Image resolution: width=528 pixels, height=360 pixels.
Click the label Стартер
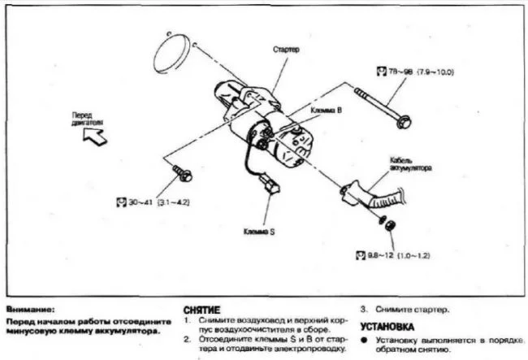pos(287,49)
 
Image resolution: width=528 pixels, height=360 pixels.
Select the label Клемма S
pos(260,231)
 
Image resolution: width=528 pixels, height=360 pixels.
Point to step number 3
pos(363,309)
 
